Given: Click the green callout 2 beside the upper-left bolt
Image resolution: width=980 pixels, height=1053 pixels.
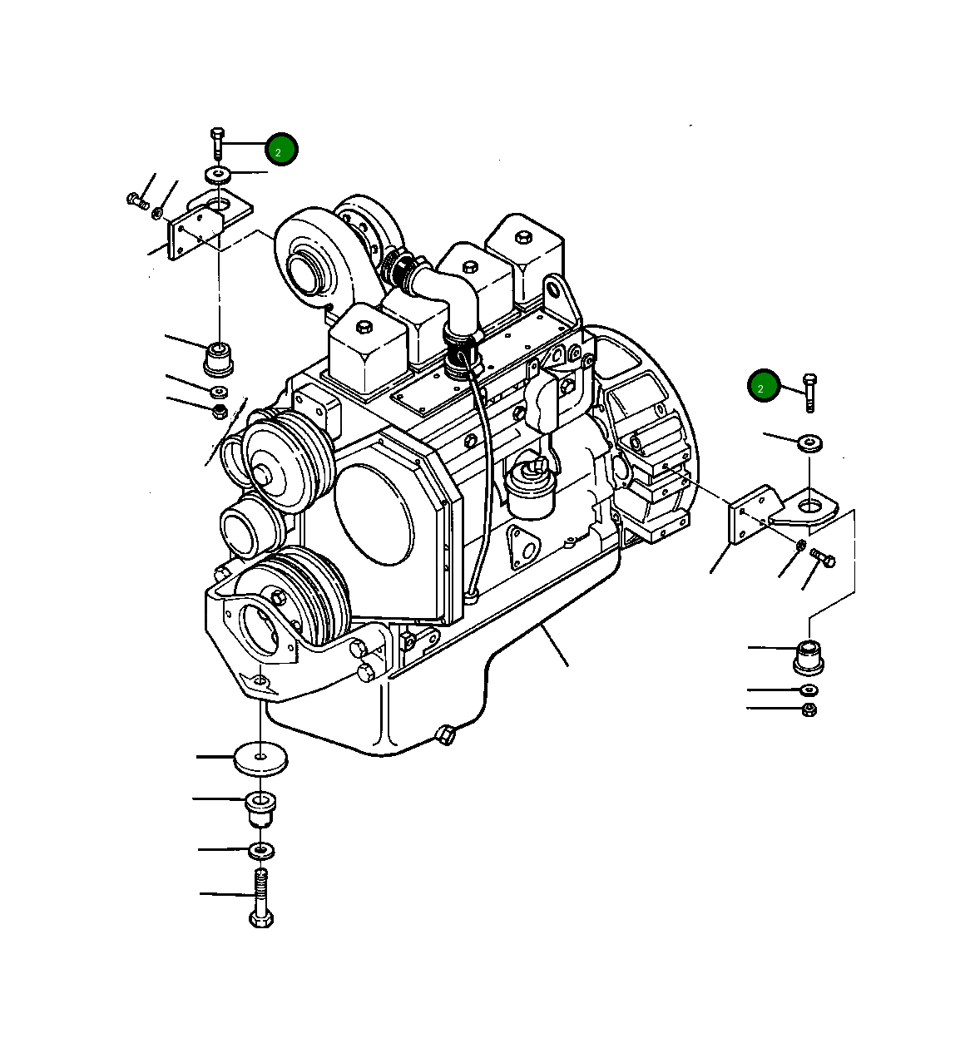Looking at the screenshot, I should [281, 150].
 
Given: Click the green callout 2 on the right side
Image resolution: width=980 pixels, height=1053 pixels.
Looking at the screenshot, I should [763, 387].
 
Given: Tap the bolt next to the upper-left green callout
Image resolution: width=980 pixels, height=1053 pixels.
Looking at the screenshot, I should [217, 144].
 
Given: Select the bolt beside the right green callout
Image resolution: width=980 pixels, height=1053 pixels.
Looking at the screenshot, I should [809, 393].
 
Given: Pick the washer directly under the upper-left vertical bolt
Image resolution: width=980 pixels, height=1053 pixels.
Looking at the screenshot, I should [218, 175].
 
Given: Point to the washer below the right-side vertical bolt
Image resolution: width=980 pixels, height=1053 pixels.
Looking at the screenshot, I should [810, 442].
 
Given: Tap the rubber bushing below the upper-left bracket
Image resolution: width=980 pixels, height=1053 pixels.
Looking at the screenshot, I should [218, 357].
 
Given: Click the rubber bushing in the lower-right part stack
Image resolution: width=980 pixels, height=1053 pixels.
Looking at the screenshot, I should [809, 656].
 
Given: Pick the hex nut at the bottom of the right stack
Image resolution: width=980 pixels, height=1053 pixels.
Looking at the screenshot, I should [809, 709].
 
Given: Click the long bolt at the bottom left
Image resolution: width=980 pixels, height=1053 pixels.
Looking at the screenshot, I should [261, 898].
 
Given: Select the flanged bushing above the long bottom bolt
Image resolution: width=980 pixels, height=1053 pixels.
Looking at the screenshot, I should [260, 808].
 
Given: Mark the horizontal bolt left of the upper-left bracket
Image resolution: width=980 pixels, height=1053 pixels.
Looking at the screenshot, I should [137, 200].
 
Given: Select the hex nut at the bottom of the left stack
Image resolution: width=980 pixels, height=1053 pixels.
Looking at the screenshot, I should [219, 411].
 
